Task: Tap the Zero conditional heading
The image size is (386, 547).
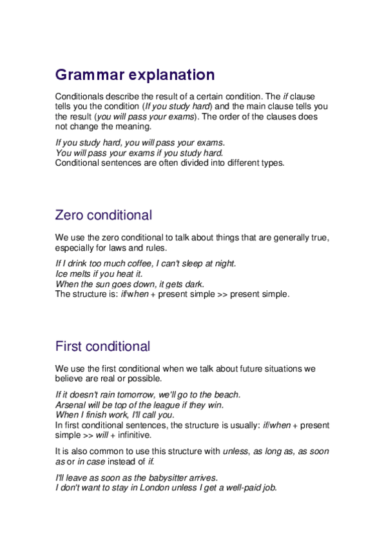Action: click(104, 215)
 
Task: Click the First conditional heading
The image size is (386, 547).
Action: click(102, 346)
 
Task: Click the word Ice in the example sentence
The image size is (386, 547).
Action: click(63, 273)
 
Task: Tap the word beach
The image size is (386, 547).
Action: click(226, 394)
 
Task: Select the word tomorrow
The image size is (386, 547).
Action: click(132, 394)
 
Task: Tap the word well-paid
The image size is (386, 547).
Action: click(235, 488)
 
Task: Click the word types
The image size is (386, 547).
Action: click(270, 163)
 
